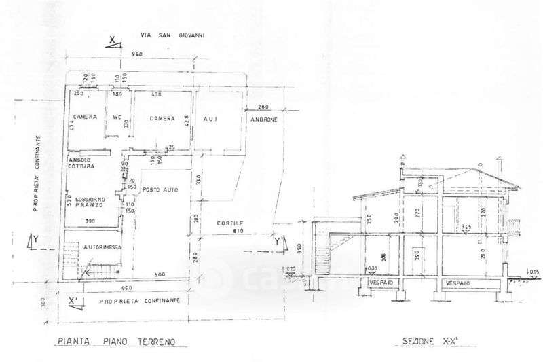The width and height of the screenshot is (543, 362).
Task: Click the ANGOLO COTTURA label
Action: click(80, 163)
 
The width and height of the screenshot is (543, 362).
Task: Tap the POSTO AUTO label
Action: click(160, 189)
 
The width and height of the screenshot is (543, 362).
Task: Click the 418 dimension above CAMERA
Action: click(155, 94)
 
